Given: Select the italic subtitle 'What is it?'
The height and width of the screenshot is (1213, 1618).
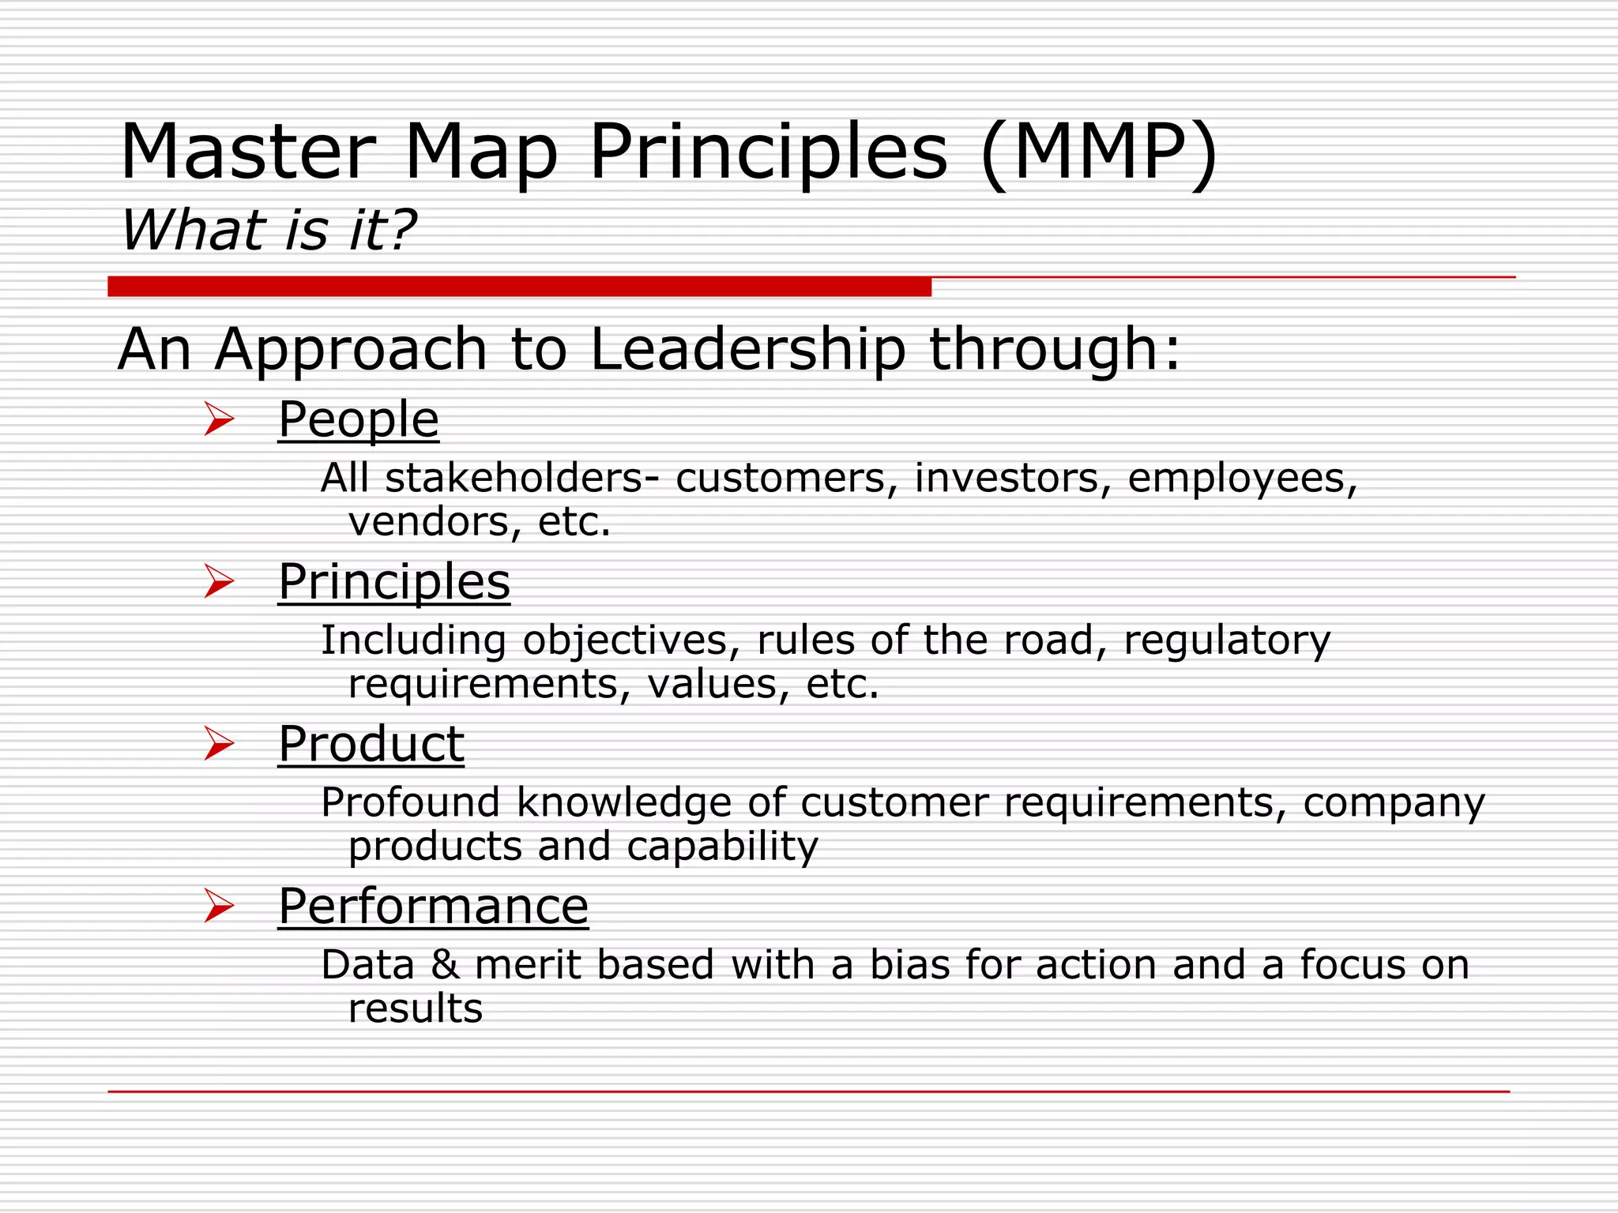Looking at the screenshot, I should click(x=269, y=231).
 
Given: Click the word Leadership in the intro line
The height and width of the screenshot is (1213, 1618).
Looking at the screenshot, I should click(x=747, y=349).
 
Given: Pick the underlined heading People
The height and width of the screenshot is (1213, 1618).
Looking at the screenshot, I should click(x=359, y=419).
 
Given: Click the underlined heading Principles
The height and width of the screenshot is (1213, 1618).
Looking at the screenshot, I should click(x=394, y=582).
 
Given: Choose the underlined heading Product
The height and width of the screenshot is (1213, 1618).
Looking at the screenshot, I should click(x=371, y=744).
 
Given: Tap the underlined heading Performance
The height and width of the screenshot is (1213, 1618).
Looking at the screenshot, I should click(x=433, y=907).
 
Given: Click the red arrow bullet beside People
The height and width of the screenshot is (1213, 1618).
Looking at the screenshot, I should click(x=219, y=419).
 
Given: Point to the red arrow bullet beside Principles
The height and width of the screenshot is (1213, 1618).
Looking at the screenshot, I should click(x=219, y=581).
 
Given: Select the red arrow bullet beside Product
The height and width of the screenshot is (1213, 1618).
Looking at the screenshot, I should click(x=219, y=744).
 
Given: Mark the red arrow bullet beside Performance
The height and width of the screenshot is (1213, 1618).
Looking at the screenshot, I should click(x=219, y=906).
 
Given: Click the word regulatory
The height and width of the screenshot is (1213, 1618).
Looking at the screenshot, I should click(x=1227, y=641).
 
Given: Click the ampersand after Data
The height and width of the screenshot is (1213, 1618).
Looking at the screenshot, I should click(x=445, y=965).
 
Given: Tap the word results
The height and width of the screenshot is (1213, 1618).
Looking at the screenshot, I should click(x=416, y=1009).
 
